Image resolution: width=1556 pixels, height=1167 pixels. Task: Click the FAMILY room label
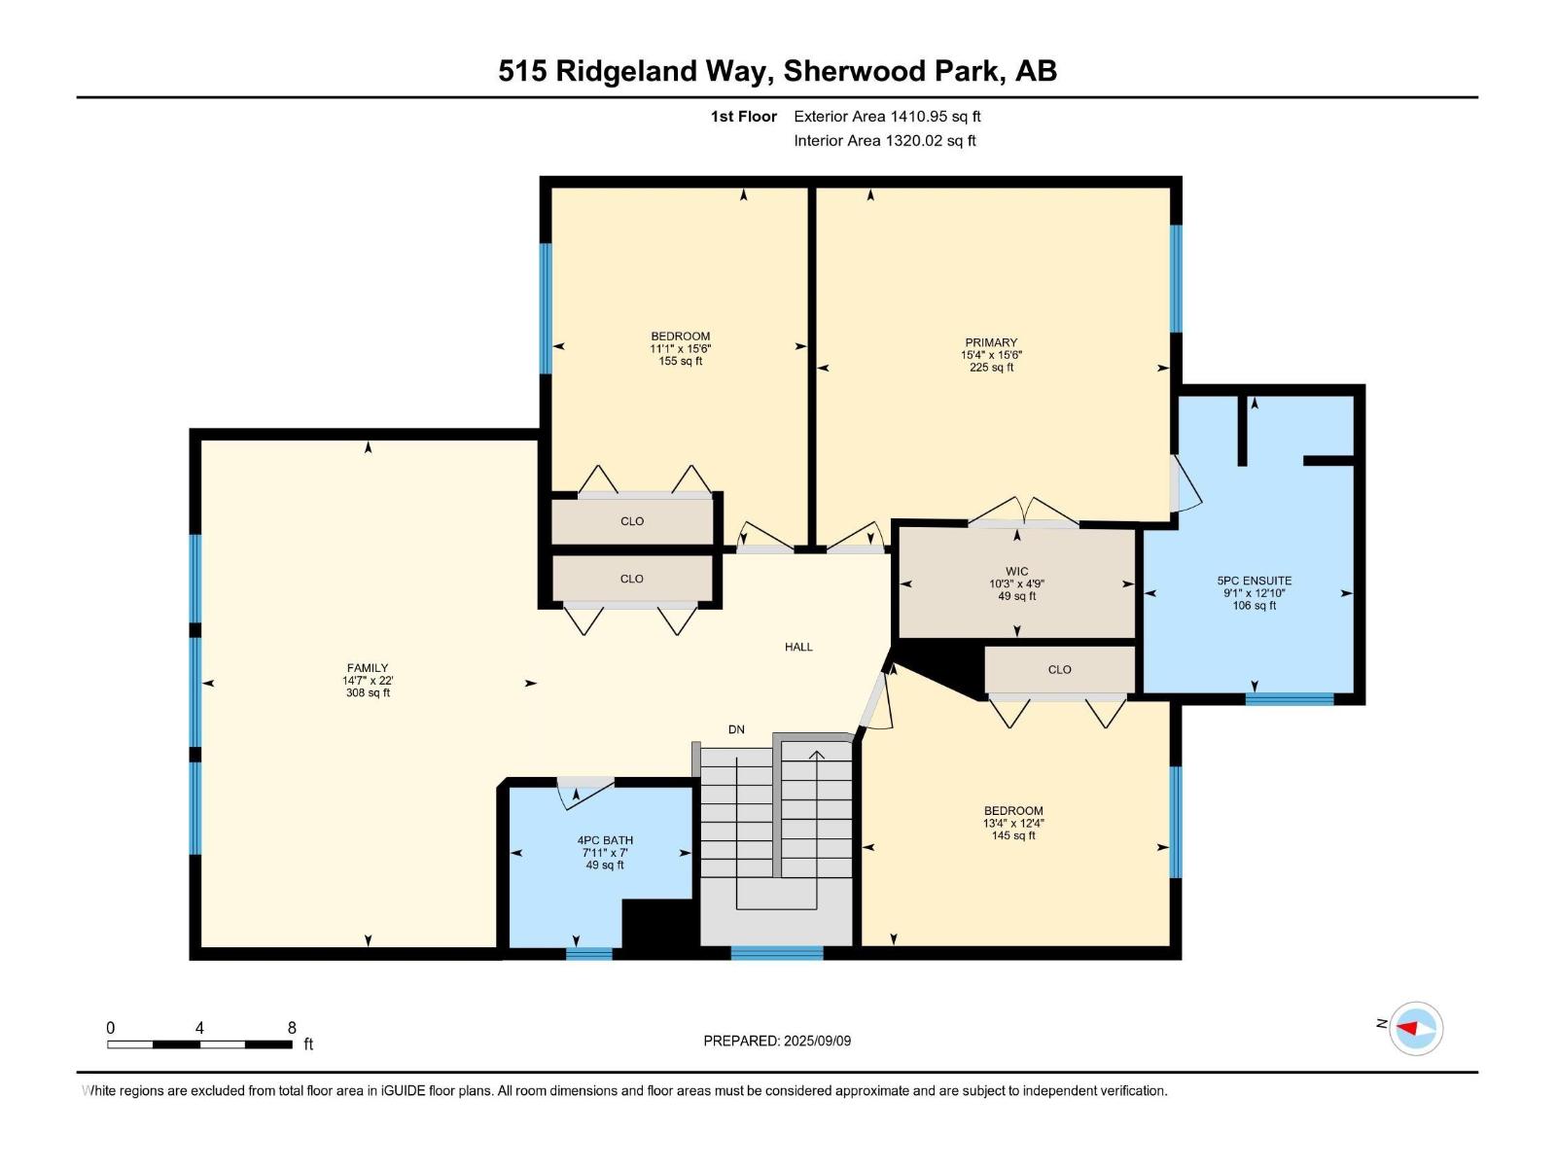click(368, 680)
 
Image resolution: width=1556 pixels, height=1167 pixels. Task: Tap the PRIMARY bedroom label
click(991, 355)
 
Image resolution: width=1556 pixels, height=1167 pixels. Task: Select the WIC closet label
click(1016, 583)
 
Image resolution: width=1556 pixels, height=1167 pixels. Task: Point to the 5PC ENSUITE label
click(1254, 592)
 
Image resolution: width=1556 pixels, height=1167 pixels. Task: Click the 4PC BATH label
click(605, 852)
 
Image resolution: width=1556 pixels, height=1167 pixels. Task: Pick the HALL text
click(798, 647)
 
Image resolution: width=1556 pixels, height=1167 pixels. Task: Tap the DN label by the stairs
click(736, 729)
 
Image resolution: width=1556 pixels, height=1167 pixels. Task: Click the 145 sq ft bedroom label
click(1013, 823)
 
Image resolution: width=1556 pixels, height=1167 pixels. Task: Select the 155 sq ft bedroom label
click(680, 348)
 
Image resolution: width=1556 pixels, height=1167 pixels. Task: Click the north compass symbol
click(1415, 1028)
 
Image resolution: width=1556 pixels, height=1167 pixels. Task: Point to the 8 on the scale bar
click(292, 1028)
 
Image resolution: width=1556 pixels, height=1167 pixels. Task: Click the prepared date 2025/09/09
click(777, 1041)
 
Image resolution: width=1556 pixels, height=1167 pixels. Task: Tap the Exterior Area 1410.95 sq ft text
click(887, 117)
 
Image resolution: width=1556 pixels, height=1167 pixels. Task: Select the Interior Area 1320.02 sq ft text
click(884, 141)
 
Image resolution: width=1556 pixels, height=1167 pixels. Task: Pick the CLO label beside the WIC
click(1059, 670)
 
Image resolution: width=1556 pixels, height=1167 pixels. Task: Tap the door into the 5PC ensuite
click(1185, 484)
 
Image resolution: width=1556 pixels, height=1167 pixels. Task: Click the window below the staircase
click(776, 953)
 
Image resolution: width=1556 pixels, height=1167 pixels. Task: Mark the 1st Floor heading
click(743, 117)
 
